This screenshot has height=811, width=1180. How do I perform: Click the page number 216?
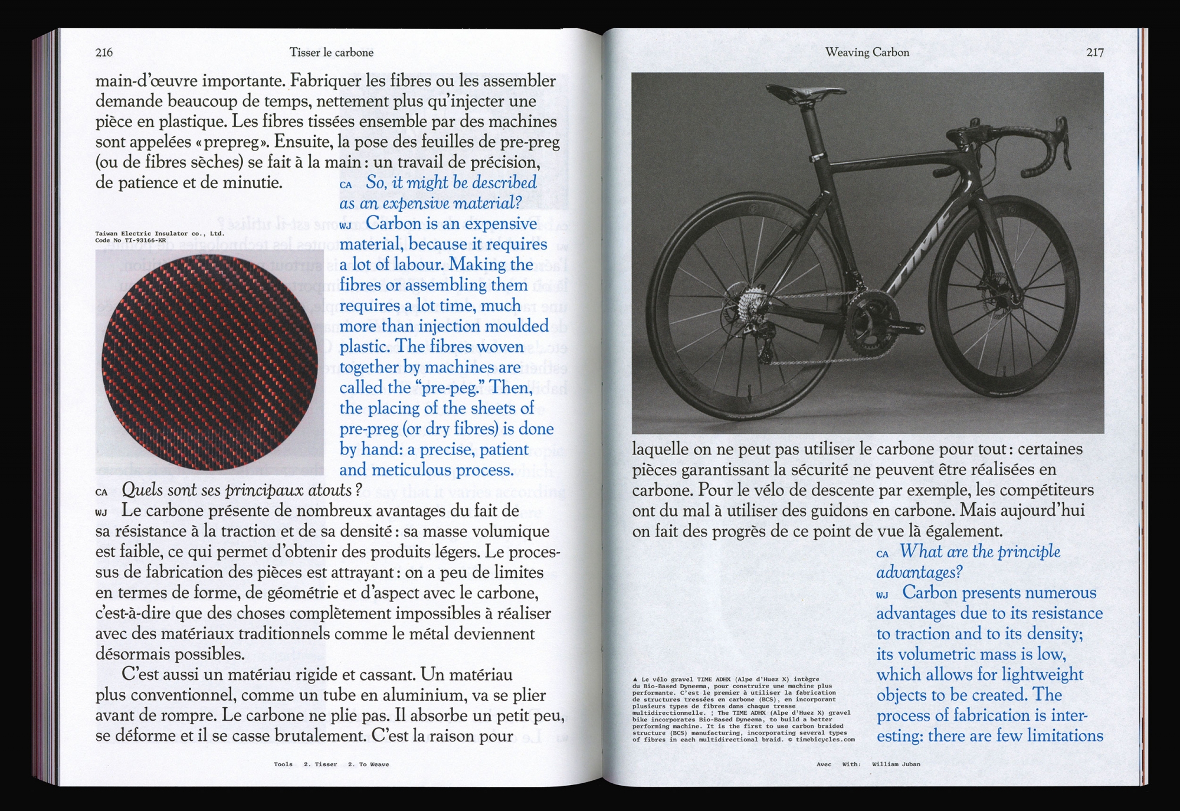coord(104,53)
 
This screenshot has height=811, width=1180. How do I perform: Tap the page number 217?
coord(1094,53)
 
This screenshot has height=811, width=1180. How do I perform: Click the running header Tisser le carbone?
coord(331,53)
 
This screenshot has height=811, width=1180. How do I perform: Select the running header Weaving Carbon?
coord(867,53)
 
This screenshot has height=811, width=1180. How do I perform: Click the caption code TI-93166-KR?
coord(145,241)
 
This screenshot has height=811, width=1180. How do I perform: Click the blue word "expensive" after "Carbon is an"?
coord(500,224)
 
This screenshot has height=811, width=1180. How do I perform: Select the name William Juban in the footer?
coord(896,764)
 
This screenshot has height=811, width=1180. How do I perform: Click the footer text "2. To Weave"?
coord(368,764)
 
